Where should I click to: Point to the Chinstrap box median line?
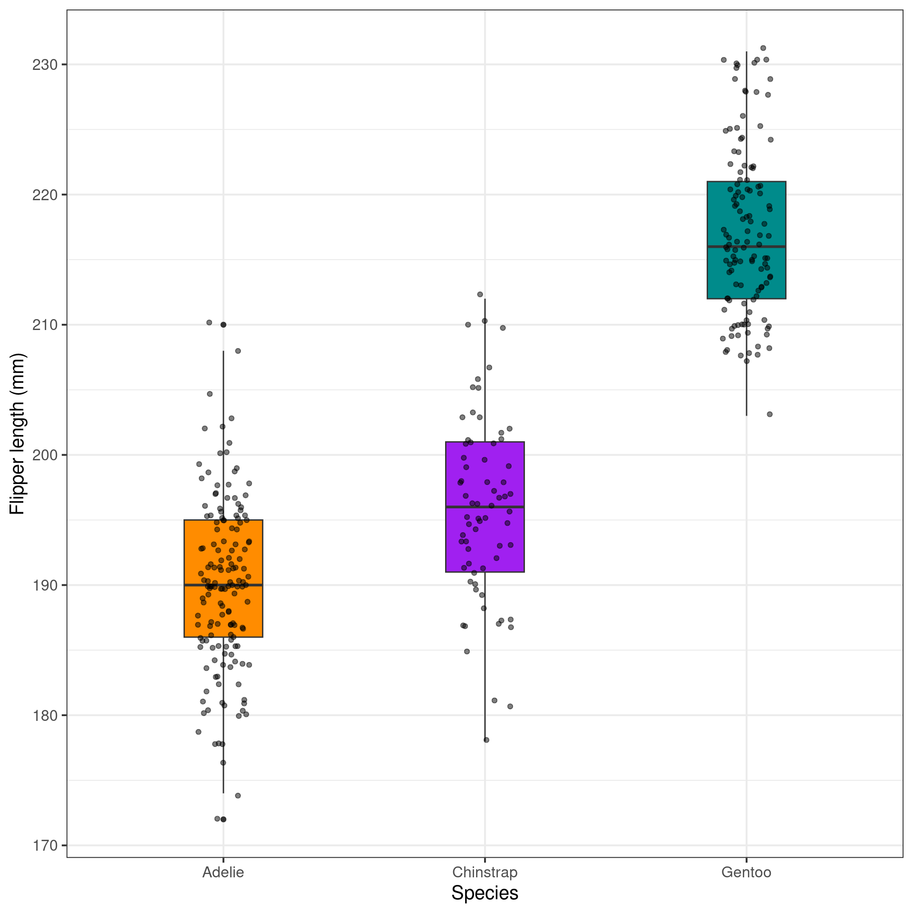coord(514,507)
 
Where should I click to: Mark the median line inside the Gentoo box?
coord(775,246)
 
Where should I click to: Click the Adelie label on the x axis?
coord(223,872)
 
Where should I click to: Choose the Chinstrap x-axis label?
coord(485,872)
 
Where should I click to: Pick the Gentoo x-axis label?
coord(746,872)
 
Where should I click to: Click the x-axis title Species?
coord(485,893)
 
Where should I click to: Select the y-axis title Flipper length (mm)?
coord(17,434)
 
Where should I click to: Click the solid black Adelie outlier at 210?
coord(223,325)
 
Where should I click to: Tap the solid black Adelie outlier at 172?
coord(223,819)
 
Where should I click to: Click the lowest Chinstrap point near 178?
coord(486,740)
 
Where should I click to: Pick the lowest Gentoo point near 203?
coord(770,414)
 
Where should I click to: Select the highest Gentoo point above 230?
coord(763,48)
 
